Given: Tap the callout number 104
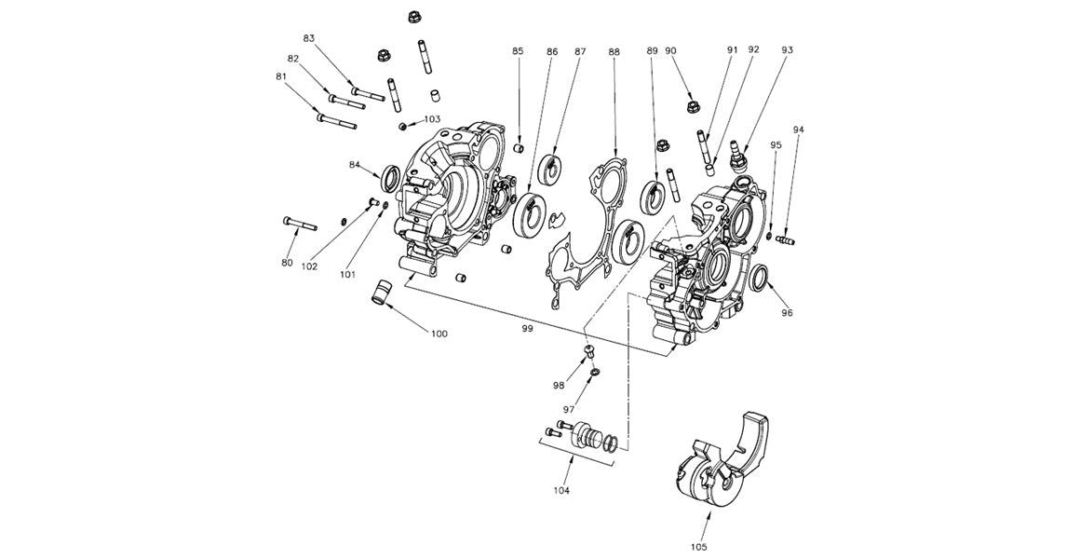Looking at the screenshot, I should click(561, 489).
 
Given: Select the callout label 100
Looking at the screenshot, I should click(439, 333).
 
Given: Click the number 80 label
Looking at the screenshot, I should click(287, 263).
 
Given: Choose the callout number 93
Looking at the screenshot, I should click(788, 49).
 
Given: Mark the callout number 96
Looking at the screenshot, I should click(787, 313).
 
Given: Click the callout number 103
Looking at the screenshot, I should click(432, 119).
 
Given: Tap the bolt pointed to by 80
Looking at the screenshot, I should click(300, 224).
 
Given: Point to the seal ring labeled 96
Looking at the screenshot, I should click(760, 277).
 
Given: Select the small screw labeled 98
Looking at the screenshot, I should click(588, 350).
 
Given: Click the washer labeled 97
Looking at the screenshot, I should click(595, 374).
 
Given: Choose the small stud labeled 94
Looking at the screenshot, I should click(785, 241).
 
